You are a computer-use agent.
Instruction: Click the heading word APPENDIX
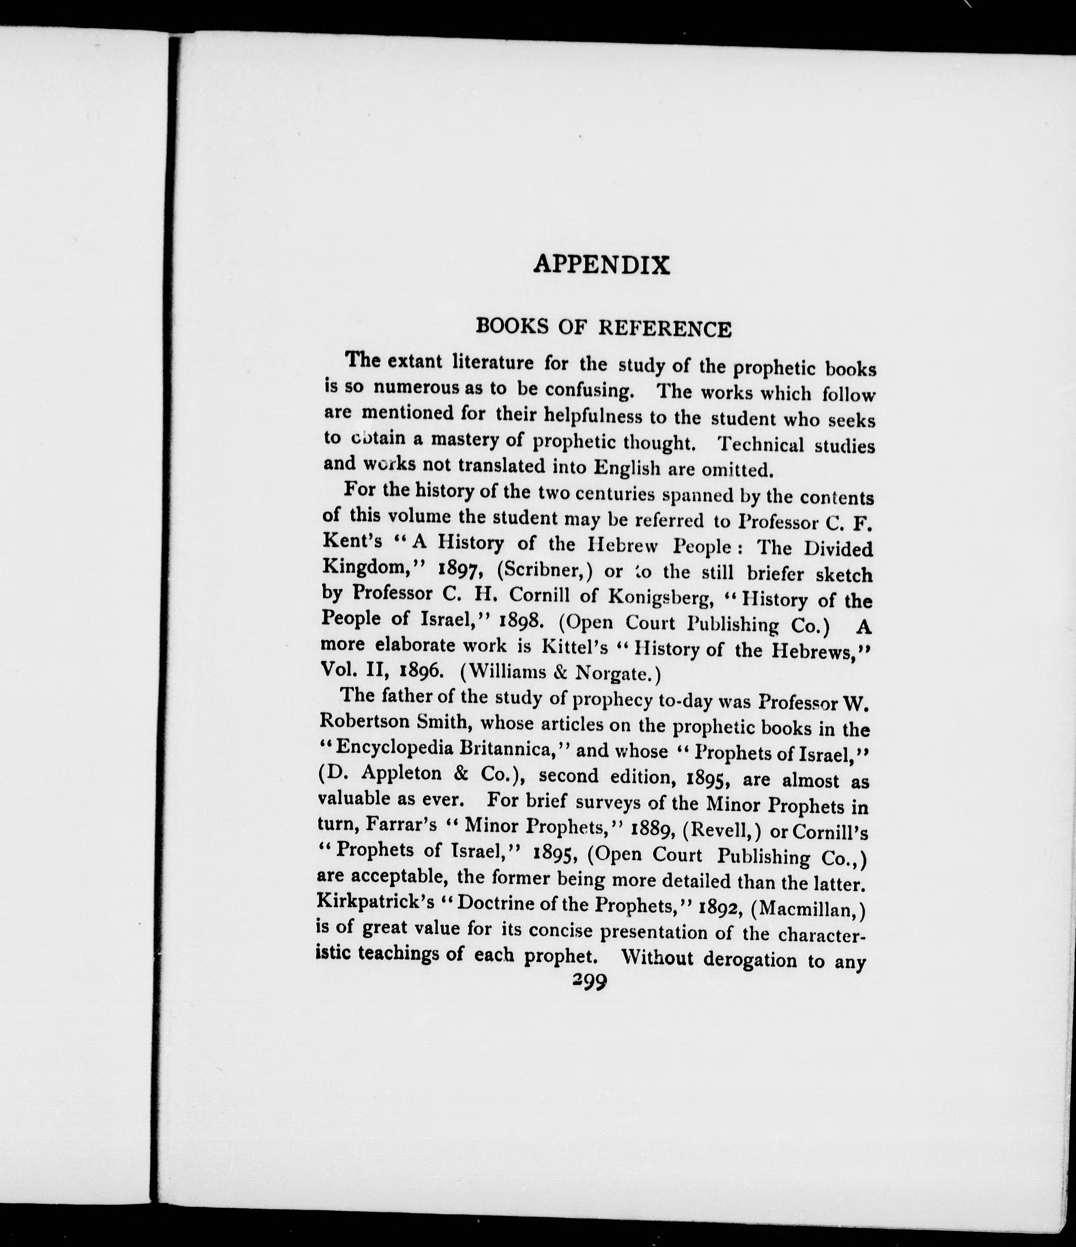(x=601, y=265)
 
